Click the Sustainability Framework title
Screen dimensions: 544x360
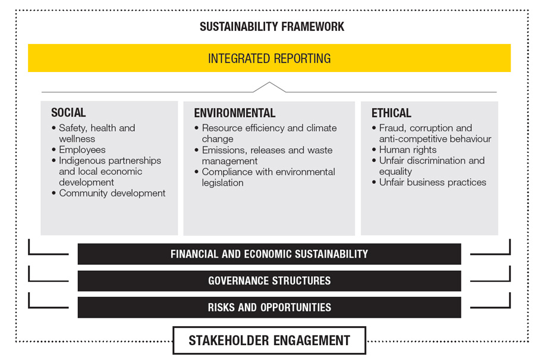click(x=272, y=27)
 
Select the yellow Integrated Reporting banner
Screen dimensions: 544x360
click(x=269, y=58)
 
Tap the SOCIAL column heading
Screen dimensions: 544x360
click(x=68, y=112)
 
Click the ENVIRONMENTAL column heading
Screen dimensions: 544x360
click(x=234, y=113)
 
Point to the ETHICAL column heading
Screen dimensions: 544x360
click(x=391, y=113)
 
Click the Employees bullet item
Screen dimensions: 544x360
click(x=82, y=149)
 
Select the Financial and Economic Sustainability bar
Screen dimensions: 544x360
click(x=269, y=253)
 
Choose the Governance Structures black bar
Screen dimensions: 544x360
click(x=269, y=280)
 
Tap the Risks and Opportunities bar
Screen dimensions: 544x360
click(x=269, y=307)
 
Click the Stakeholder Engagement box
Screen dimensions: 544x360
click(x=269, y=340)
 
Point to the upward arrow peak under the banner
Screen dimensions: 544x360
click(x=269, y=82)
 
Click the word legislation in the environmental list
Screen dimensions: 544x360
click(x=223, y=183)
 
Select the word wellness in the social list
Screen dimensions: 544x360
click(x=77, y=139)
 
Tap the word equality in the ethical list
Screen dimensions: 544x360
click(x=395, y=171)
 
